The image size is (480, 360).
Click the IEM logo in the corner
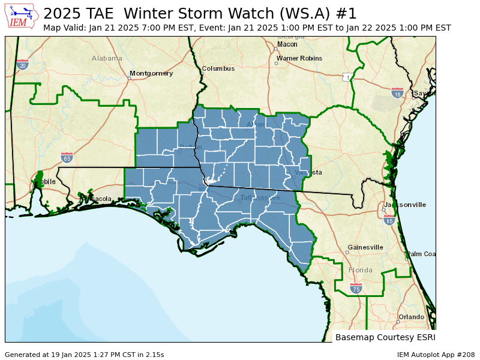(x=22, y=16)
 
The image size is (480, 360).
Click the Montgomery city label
(x=151, y=73)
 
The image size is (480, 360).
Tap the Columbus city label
(x=218, y=68)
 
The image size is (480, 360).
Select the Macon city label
(x=287, y=44)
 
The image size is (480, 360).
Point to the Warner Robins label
(x=299, y=59)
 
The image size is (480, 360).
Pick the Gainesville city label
(x=365, y=247)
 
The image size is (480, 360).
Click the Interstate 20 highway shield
(x=22, y=65)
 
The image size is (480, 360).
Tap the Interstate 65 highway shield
(x=67, y=158)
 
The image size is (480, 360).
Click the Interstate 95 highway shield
(x=389, y=220)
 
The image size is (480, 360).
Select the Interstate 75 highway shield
(x=356, y=289)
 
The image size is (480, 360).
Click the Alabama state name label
(x=107, y=58)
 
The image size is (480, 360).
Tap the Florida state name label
(x=361, y=270)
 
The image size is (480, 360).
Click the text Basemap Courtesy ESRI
(x=385, y=337)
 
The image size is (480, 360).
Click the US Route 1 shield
(x=347, y=77)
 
